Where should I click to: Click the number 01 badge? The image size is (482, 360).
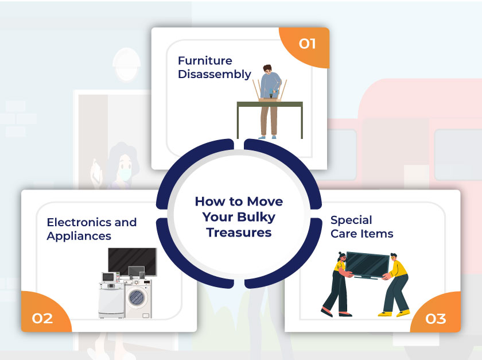pos(308,44)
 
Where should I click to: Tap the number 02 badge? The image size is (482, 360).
pos(42,318)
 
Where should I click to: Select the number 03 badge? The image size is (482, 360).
pos(436,319)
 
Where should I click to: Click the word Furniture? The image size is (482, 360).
pos(205,61)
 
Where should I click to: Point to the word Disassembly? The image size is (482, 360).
pos(215,75)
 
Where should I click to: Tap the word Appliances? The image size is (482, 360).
pos(79,237)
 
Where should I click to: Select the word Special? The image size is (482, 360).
pos(351,220)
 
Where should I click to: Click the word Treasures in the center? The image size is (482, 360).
pos(239,233)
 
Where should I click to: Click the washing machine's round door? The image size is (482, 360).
pos(136,297)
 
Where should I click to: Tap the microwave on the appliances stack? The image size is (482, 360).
pos(109,277)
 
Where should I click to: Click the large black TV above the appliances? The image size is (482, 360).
pos(132,262)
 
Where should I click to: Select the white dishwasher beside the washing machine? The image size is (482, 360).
pos(111,300)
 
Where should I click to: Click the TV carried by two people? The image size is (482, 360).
pos(367,265)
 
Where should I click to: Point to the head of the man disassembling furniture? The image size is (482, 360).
pos(267,69)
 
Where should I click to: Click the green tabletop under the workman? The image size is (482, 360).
pos(270,104)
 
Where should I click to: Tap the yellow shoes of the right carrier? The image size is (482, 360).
pos(394,313)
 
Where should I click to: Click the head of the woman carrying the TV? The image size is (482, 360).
pos(342,256)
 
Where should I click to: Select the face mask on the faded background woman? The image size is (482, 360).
pos(125,173)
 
